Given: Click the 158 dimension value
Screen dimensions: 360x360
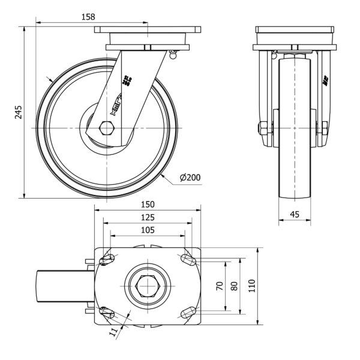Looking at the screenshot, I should coord(88,17).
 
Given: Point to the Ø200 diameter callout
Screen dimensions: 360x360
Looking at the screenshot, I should coord(189,177).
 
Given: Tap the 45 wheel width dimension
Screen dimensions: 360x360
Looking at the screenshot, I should coord(295,214).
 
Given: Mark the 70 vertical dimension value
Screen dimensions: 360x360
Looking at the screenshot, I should coord(220,286).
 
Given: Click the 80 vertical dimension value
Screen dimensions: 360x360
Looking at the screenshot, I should coord(235,286).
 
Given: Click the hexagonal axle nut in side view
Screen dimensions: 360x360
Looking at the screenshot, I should coord(107,128).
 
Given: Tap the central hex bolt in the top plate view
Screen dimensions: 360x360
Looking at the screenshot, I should coord(147,286).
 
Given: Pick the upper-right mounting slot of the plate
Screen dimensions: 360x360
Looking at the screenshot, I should coord(185,260).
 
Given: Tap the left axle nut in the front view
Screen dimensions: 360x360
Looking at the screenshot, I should coord(262,128).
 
